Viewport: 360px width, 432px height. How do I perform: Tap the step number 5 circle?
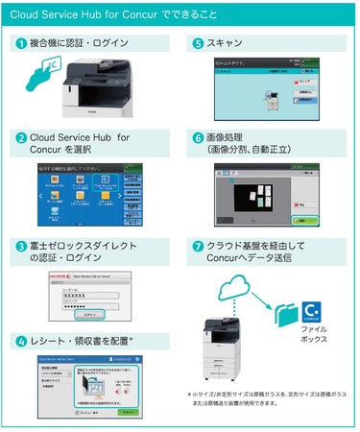198,44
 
